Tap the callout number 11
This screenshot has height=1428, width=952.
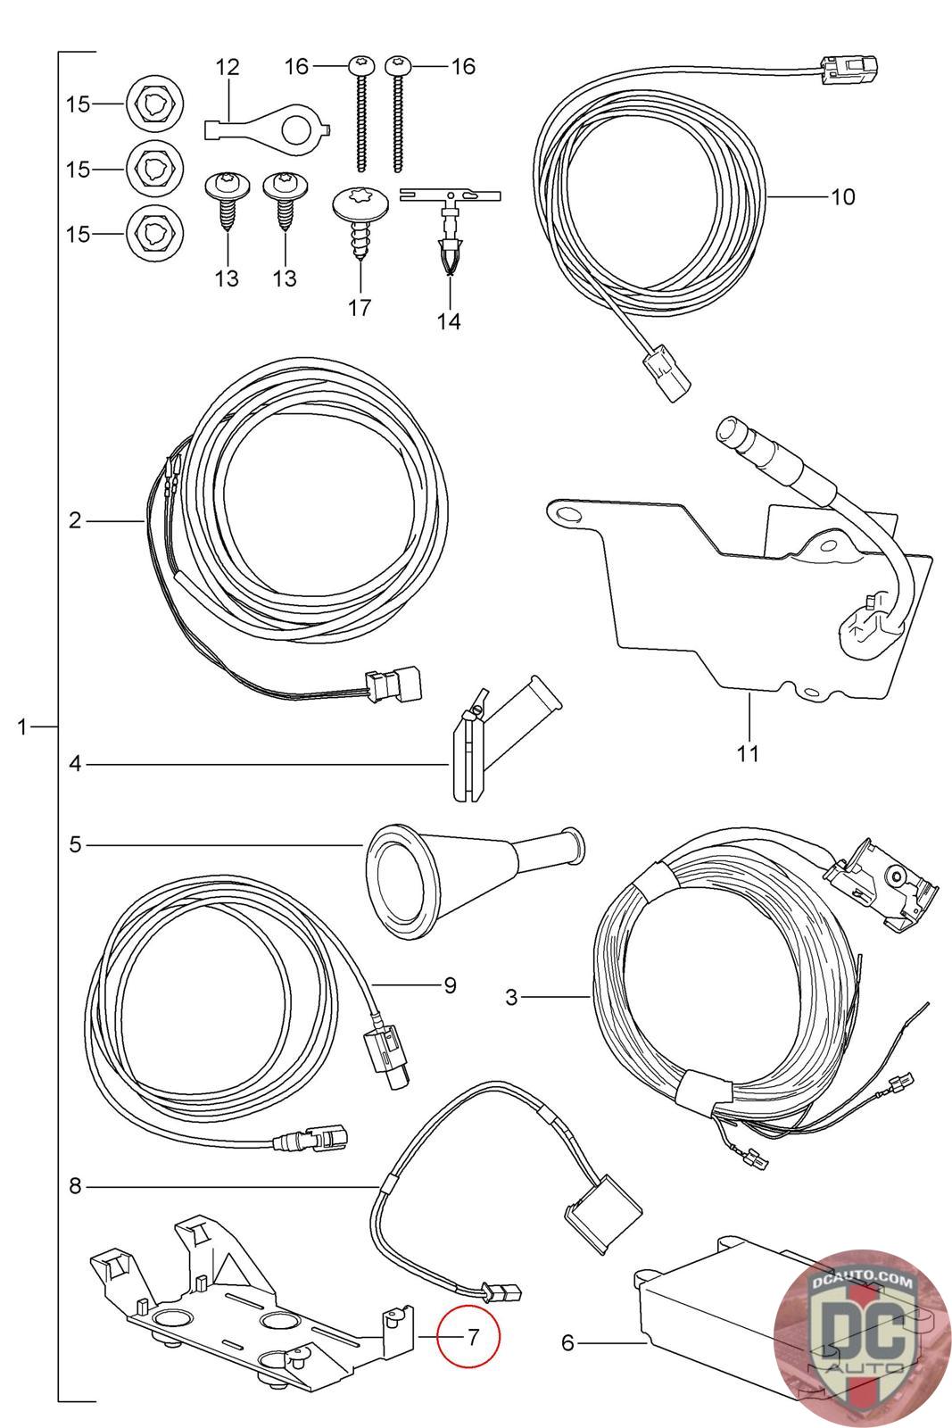[x=748, y=752]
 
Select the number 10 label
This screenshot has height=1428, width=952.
[x=842, y=196]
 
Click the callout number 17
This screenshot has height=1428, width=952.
[x=360, y=308]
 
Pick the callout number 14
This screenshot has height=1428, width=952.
[x=449, y=321]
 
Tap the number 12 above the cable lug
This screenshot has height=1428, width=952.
[x=228, y=67]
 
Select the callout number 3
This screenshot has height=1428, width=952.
[x=511, y=996]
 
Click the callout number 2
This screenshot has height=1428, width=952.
[x=75, y=519]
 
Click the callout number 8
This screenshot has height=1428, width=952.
[x=75, y=1186]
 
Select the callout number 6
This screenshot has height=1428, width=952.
[x=567, y=1341]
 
